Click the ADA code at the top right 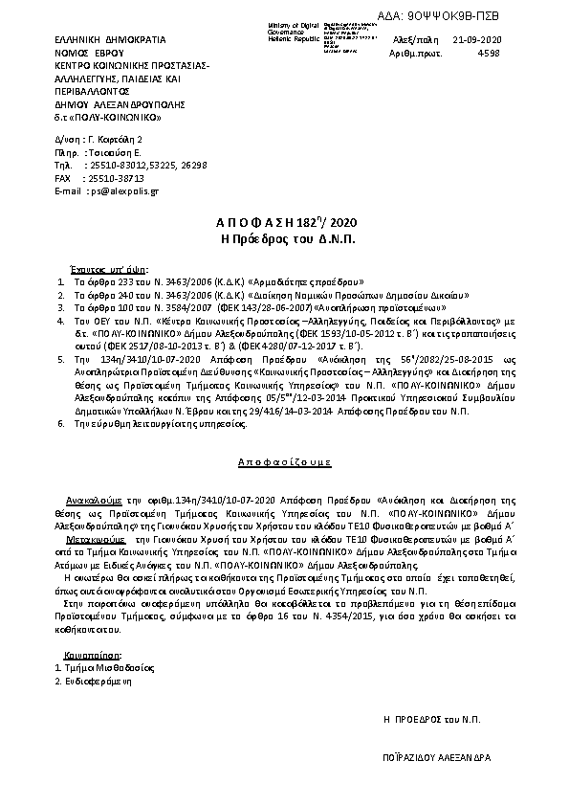point(498,16)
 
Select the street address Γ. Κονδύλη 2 point(119,140)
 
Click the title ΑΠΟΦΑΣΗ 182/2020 point(284,222)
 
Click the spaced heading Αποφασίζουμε point(284,461)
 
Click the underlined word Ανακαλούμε point(92,500)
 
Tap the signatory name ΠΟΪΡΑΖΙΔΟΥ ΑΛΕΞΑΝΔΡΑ point(436,756)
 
